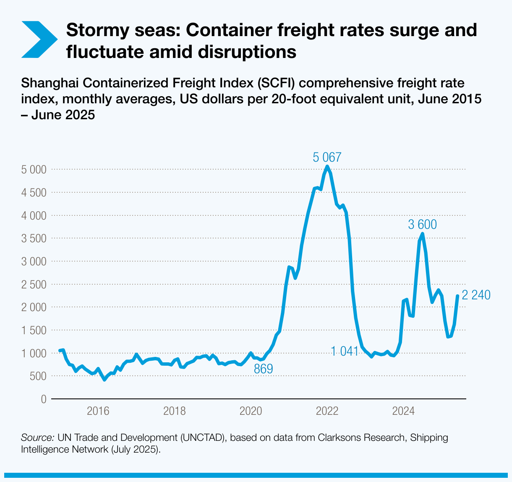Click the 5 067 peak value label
coord(327,157)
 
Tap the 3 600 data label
coord(422,225)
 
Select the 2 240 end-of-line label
coord(476,295)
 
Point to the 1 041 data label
coord(345,351)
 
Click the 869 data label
coord(263,369)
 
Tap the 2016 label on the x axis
coord(98,411)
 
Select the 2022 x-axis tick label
coord(327,411)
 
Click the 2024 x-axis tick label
coord(403,411)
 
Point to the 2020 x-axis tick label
coord(251,411)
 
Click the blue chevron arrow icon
coord(39,39)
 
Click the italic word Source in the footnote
coord(37,438)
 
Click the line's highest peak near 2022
coord(327,167)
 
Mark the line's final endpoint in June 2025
coord(457,296)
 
